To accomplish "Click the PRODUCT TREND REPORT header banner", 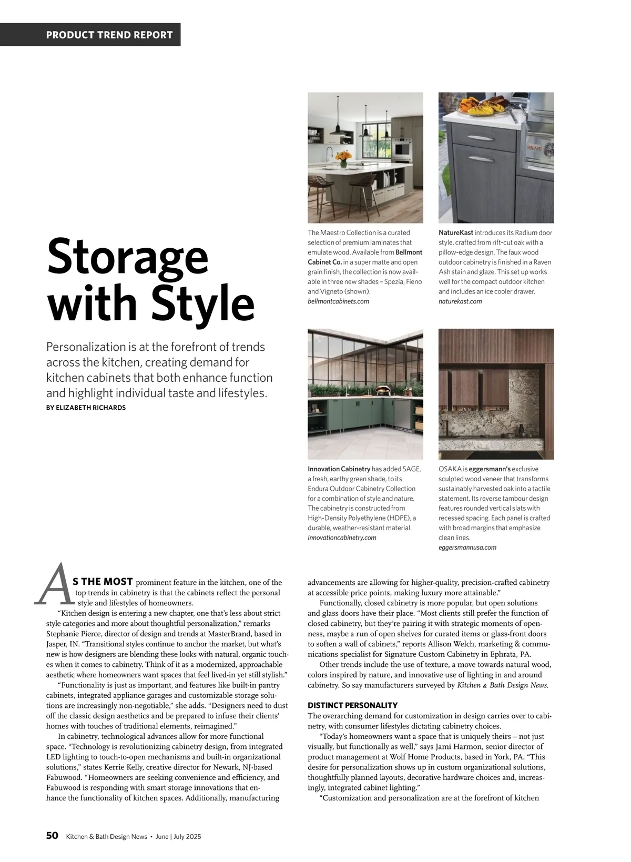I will click(x=109, y=35).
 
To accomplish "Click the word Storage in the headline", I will click(x=128, y=256).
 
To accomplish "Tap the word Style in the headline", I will click(x=202, y=303).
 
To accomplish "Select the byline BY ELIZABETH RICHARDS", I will click(x=86, y=408).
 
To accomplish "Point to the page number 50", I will click(x=52, y=836).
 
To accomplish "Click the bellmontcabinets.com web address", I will click(x=338, y=301).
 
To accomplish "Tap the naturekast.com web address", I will click(x=460, y=301).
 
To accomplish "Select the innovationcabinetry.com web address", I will click(x=342, y=538).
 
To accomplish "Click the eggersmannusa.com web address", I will click(x=467, y=547).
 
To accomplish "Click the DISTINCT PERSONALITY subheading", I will click(x=352, y=705).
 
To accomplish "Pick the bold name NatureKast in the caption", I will click(x=455, y=232).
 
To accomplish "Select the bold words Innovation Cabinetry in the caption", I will click(x=339, y=469).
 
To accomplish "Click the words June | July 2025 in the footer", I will click(x=178, y=837).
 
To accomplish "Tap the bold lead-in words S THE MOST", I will click(x=103, y=582).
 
